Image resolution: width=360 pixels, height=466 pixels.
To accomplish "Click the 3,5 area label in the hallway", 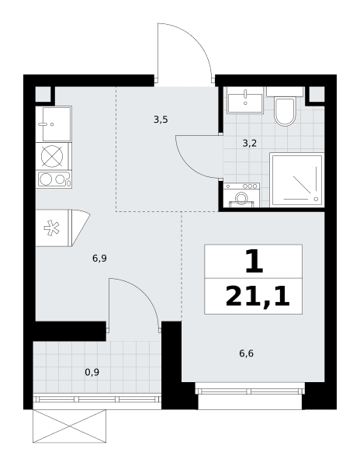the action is [161, 120].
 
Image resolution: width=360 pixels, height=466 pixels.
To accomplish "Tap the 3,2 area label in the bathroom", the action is [249, 144].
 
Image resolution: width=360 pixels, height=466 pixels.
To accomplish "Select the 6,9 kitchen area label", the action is [99, 259].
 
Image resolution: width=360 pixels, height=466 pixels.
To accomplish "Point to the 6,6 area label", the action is [246, 353].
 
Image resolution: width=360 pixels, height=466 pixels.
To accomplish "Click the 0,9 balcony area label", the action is [92, 372].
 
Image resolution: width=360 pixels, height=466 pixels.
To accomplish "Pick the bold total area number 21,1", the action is [258, 297].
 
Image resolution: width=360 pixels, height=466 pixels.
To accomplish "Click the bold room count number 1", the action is [254, 262].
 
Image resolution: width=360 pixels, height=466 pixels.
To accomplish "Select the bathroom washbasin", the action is [245, 100].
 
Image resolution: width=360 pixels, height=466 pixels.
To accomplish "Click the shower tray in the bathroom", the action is [297, 179].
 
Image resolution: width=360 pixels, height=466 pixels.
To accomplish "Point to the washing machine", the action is [241, 195].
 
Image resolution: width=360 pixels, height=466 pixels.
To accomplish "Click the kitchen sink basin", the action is [57, 124].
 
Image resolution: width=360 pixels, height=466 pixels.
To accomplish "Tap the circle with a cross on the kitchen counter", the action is [52, 156].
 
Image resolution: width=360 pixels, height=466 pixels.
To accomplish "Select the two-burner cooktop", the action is [54, 179].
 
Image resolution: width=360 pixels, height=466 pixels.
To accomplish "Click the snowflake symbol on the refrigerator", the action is [52, 228].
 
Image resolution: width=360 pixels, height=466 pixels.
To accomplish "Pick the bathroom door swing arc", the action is [189, 167].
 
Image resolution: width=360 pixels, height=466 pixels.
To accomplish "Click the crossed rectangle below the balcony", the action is [69, 426].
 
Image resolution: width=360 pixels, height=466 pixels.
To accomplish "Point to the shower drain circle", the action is [316, 199].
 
